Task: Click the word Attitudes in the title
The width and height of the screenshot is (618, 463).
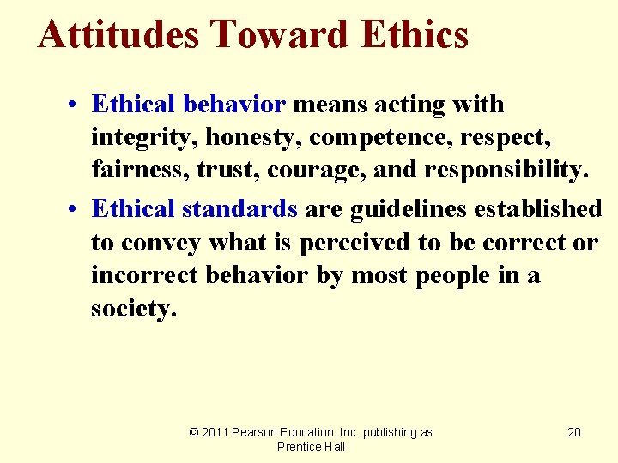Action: pos(118,35)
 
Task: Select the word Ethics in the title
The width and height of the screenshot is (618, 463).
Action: pos(415,35)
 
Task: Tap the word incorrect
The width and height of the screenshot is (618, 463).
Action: pos(142,276)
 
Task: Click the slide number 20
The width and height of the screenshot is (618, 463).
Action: pos(574,432)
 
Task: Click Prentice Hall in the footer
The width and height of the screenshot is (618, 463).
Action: pos(312,447)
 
